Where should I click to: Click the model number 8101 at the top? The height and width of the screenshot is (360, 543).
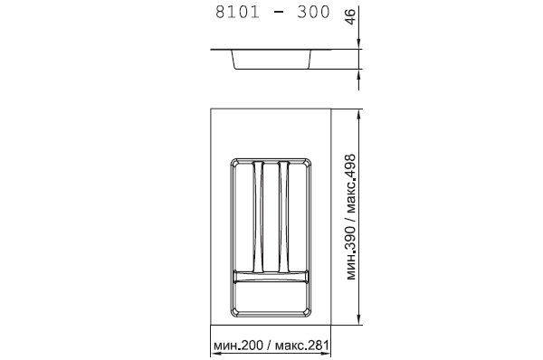pyautogui.click(x=237, y=12)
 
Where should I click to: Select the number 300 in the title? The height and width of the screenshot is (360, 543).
pyautogui.click(x=313, y=12)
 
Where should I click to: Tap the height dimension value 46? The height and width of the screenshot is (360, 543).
pyautogui.click(x=350, y=17)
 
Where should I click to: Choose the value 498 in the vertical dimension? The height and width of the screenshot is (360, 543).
pyautogui.click(x=350, y=166)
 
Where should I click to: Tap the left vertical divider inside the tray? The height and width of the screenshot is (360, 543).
pyautogui.click(x=258, y=216)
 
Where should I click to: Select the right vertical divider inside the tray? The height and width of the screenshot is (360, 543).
pyautogui.click(x=283, y=216)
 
